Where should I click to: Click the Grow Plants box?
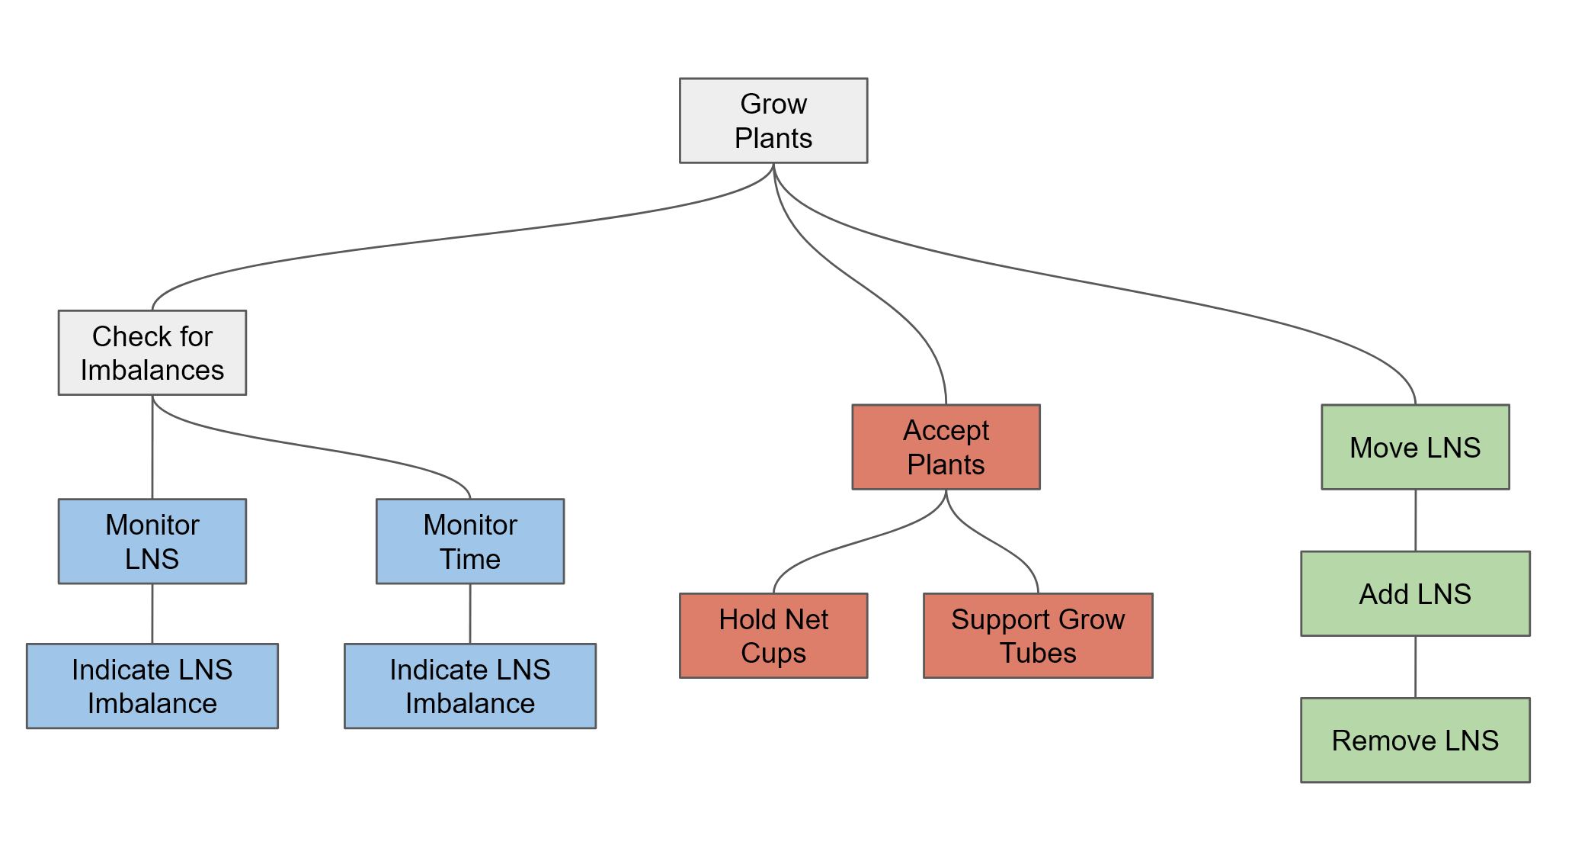tap(773, 121)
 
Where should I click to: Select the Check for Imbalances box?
tap(152, 352)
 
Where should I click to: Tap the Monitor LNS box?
tap(152, 541)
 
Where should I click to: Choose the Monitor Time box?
tap(469, 541)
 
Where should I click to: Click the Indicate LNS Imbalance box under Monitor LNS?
tap(152, 686)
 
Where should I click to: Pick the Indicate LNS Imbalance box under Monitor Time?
tap(469, 686)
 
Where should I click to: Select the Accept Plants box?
tap(945, 447)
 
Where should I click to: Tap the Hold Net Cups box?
tap(773, 635)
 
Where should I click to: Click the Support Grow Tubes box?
tap(1037, 635)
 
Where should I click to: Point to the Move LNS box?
tap(1414, 447)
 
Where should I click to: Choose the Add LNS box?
tap(1414, 593)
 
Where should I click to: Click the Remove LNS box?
tap(1414, 740)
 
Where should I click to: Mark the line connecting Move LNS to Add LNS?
tap(1415, 520)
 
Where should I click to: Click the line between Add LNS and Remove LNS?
tap(1415, 667)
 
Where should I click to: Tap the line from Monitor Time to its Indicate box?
tap(469, 613)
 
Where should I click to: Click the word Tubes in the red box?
tap(1037, 653)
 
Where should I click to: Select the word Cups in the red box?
tap(773, 654)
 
